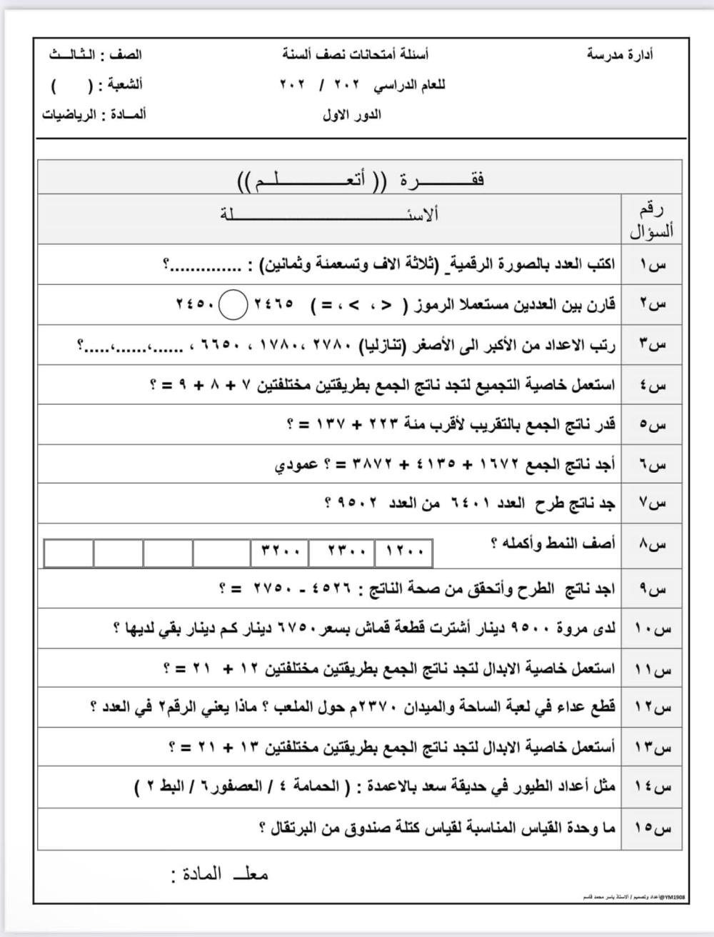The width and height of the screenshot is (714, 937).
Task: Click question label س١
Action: [652, 265]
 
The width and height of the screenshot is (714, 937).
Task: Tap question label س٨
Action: [652, 545]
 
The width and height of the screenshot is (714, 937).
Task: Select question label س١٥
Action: [652, 828]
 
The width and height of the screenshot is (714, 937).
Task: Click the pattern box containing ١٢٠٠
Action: [405, 552]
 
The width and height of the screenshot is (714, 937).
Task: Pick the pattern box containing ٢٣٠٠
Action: [346, 552]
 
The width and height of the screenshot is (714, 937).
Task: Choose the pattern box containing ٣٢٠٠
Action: [279, 552]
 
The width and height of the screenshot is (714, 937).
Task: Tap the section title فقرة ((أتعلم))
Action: [361, 179]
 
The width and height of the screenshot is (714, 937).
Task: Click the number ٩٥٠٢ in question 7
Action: [357, 503]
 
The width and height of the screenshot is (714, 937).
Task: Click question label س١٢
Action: [652, 708]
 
